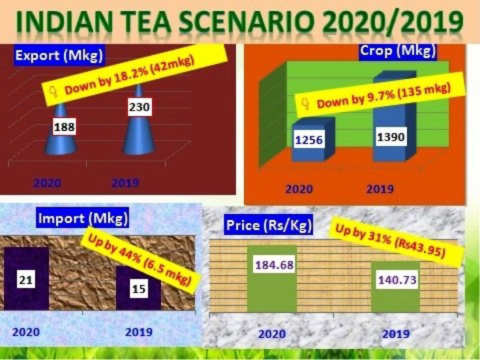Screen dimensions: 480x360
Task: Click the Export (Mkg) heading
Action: coord(59,55)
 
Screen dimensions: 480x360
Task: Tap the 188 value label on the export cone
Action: coord(64,127)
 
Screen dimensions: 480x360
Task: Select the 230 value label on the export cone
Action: coord(139,107)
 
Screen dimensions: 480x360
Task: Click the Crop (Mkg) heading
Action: coord(397,51)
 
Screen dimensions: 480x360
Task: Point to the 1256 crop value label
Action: coord(309,140)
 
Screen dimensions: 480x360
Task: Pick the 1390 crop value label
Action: coord(390,137)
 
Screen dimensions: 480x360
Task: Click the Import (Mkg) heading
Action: coord(82,218)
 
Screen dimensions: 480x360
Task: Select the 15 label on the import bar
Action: coord(139,289)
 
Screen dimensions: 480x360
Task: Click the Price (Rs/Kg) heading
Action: coord(269,225)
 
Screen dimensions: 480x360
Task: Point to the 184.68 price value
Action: coord(274,265)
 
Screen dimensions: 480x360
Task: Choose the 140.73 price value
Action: coord(397,280)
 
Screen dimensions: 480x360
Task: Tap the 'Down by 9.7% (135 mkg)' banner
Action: coord(380,96)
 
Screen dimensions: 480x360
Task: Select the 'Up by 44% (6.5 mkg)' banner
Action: coord(140,260)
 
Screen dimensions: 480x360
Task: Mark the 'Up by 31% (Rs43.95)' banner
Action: coord(390,242)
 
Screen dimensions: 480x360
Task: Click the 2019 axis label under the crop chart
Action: coord(380,189)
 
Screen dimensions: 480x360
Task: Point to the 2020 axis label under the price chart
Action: coord(272,334)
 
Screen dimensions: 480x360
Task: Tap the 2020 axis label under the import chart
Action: coord(26,332)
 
